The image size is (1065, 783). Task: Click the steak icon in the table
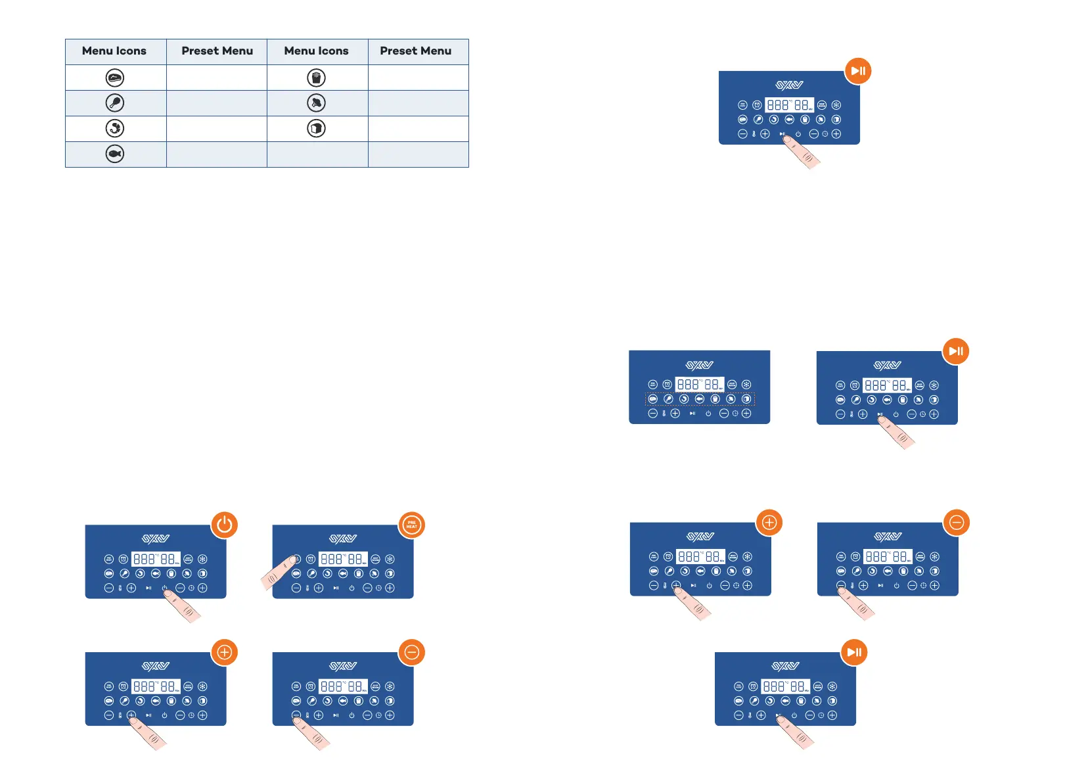(115, 78)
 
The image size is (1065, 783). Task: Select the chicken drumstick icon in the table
(115, 103)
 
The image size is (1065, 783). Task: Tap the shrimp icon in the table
(115, 128)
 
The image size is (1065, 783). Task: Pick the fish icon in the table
(115, 154)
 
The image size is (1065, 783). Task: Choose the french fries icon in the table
(316, 78)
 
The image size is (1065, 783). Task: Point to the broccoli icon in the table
(316, 103)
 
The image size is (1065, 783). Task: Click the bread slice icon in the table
(316, 128)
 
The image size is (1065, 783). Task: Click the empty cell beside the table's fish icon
(217, 154)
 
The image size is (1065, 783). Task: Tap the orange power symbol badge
(225, 525)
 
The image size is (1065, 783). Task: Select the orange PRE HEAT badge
(412, 525)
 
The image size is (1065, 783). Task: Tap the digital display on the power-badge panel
(156, 559)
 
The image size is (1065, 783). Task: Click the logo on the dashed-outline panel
(700, 366)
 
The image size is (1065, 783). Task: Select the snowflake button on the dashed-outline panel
(746, 385)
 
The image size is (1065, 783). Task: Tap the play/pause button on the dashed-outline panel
(692, 414)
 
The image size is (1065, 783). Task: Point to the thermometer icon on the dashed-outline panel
(664, 414)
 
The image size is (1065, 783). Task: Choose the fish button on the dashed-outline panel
(699, 399)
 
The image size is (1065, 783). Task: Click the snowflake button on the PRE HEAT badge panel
(390, 559)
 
